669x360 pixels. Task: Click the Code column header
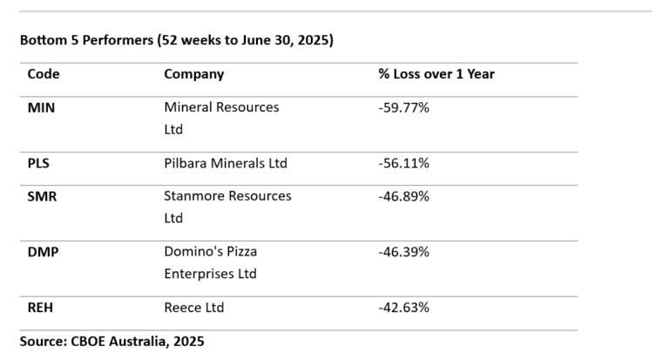[x=44, y=74]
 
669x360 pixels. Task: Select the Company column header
[x=193, y=74]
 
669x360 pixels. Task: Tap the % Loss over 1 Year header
[x=436, y=74]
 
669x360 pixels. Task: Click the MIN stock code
[x=41, y=107]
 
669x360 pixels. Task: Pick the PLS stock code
[x=39, y=163]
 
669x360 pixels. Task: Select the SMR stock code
[x=42, y=196]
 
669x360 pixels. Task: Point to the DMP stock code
[x=43, y=252]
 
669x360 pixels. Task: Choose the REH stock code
[x=41, y=308]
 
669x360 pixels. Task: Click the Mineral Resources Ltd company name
[x=221, y=119]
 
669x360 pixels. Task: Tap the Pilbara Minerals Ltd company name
[x=225, y=163]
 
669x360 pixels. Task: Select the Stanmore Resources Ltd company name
[x=227, y=207]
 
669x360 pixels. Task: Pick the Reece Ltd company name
[x=193, y=308]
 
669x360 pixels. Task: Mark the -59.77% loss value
[x=403, y=107]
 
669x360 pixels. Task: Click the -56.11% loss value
[x=403, y=163]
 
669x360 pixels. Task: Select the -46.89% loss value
[x=403, y=196]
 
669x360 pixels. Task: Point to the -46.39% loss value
[x=403, y=252]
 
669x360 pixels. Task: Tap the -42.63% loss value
[x=403, y=308]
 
